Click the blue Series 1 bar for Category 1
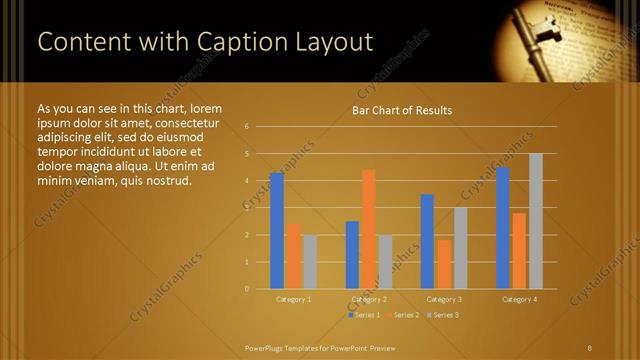277,231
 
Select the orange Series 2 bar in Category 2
368,229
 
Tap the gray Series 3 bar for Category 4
535,221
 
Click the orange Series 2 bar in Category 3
444,264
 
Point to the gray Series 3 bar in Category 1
310,262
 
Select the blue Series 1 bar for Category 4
503,228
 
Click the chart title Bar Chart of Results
402,110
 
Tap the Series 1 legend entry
364,315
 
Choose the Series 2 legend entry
403,315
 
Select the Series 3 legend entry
442,315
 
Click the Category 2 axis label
368,299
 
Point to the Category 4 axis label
519,299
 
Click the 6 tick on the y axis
246,127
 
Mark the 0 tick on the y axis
246,289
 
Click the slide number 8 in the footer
590,347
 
